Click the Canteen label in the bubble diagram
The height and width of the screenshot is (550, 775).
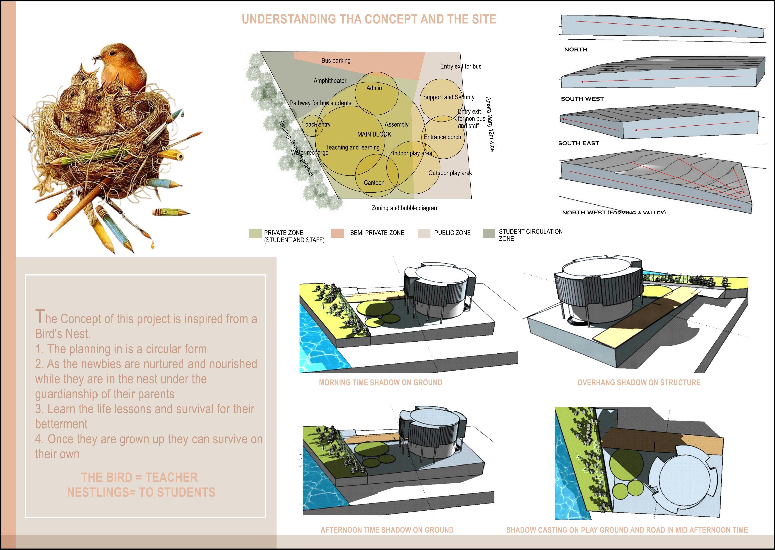[x=374, y=183]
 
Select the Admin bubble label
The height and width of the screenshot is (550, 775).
[x=374, y=88]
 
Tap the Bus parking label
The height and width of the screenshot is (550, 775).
[x=336, y=61]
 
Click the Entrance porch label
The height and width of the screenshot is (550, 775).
[x=442, y=137]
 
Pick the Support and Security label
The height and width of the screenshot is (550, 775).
[x=448, y=97]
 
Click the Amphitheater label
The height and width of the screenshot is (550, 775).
[x=330, y=81]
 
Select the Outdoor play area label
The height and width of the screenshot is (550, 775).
[x=450, y=173]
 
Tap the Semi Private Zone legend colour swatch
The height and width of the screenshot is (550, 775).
[x=337, y=234]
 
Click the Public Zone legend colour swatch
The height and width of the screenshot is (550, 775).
[x=424, y=234]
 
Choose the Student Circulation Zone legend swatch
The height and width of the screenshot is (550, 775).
[x=489, y=234]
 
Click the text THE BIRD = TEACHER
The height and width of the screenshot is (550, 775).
[x=139, y=477]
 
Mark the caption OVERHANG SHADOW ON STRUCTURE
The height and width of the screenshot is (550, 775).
[x=639, y=382]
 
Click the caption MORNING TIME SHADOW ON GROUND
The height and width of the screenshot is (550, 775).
[x=380, y=382]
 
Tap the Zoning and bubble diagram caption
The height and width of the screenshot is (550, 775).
[x=405, y=208]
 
